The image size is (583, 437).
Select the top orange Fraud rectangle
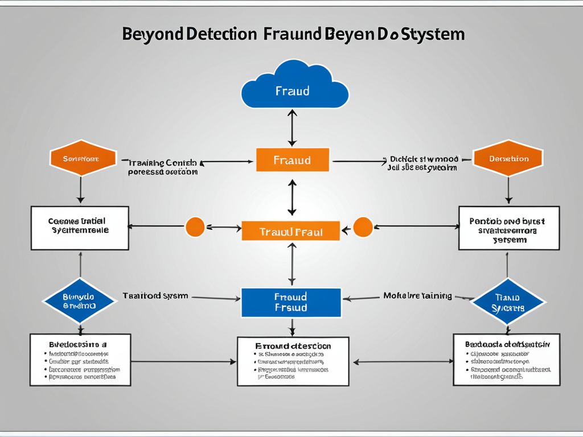tap(293, 160)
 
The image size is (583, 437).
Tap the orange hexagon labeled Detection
tap(508, 159)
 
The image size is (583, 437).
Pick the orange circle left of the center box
tap(195, 226)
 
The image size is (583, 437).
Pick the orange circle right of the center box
tap(363, 226)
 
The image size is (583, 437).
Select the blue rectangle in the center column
tap(291, 302)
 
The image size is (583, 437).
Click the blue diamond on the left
tap(80, 301)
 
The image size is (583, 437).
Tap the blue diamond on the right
tap(508, 302)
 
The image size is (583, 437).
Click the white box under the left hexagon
tap(80, 228)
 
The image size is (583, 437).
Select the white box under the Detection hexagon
tap(509, 228)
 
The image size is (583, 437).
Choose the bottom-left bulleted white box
tap(80, 360)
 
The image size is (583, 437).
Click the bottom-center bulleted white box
tap(293, 361)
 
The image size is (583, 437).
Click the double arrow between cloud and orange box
tap(292, 128)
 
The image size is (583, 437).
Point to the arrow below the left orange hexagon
tap(81, 189)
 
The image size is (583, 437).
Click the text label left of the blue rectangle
tap(155, 296)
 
